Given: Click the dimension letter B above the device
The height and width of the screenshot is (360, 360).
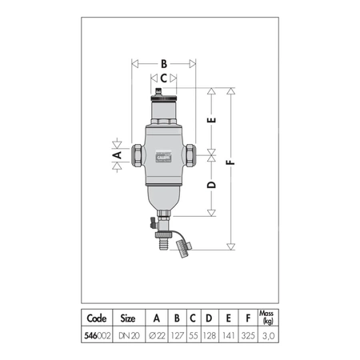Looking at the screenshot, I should pyautogui.click(x=163, y=62).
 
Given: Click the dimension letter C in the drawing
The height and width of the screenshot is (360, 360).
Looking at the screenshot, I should pyautogui.click(x=163, y=78).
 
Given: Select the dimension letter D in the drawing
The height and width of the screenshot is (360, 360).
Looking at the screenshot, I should pyautogui.click(x=211, y=185).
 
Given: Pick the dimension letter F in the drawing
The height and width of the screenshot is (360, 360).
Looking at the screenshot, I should pyautogui.click(x=232, y=163).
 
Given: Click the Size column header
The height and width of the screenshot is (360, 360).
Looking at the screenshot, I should pyautogui.click(x=129, y=316).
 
